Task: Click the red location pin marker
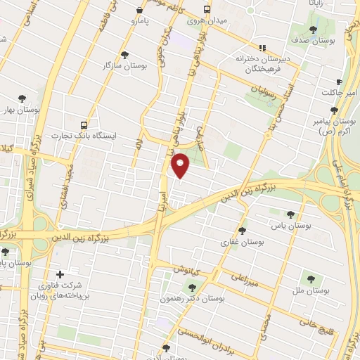click(181, 165)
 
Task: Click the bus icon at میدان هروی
click(207, 10)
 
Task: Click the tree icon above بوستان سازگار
click(125, 54)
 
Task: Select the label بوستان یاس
click(290, 225)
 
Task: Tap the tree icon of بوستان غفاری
click(243, 231)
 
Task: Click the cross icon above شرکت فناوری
click(59, 274)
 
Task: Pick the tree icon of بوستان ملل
click(307, 279)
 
